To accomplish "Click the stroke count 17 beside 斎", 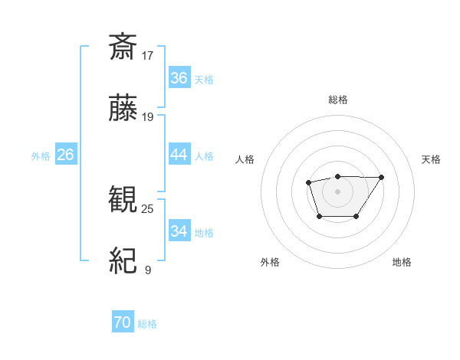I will coord(148,55).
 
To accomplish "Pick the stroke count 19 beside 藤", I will coord(148,117).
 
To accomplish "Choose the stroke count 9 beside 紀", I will coord(147,270).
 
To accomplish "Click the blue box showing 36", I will coord(179,78).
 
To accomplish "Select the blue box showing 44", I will coord(179,155).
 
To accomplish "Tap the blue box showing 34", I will coord(179,231).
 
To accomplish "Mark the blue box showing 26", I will coord(65,155).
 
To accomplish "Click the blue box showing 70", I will coord(122,323).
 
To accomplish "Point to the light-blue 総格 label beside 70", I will coord(147,324).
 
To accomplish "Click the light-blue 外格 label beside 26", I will coord(41,155).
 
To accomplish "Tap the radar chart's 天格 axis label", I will coord(431,159).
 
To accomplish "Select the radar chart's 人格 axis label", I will coord(245,159).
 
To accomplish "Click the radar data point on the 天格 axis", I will coord(382,178).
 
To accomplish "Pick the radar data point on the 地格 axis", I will coord(356,217).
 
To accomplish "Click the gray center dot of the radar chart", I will coord(337,191).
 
